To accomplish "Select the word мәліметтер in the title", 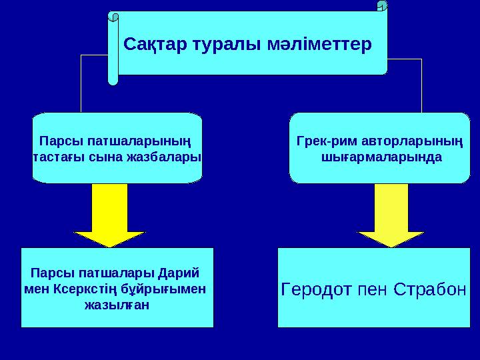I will (317, 45).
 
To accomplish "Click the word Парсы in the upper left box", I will (58, 141).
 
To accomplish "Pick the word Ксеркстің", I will (84, 289).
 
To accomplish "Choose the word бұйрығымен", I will (169, 289).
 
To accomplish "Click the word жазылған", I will (117, 305).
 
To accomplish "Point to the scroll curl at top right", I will (382, 6).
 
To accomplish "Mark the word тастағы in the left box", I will (55, 157).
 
